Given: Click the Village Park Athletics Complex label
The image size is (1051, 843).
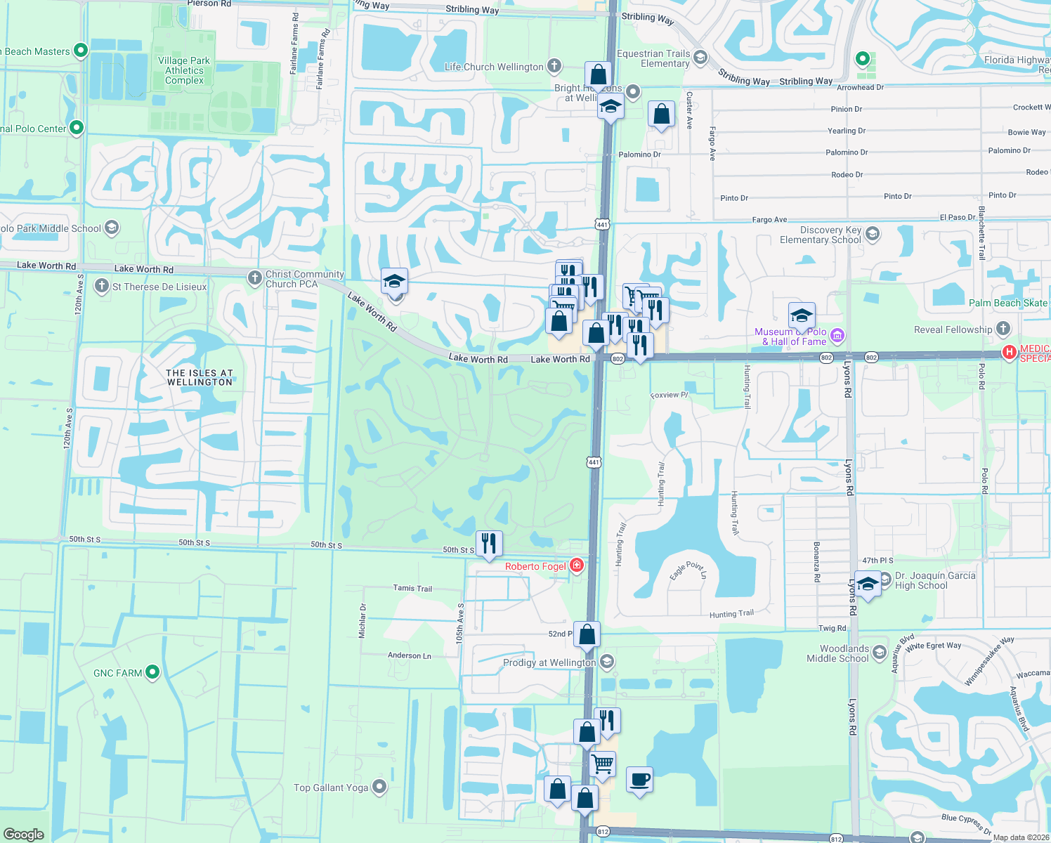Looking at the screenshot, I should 184,70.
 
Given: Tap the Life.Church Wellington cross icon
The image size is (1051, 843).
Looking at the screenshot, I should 554,67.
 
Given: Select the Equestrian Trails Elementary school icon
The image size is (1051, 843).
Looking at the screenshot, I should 700,58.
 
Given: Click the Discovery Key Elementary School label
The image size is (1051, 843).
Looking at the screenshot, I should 820,235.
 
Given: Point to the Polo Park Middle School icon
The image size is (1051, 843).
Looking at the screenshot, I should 112,228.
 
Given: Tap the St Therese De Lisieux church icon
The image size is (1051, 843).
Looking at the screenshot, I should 102,286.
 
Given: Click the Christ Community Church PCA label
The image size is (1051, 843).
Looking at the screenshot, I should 304,279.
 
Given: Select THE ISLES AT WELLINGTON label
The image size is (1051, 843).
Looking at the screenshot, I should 200,377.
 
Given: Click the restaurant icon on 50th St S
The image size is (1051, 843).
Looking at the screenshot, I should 489,544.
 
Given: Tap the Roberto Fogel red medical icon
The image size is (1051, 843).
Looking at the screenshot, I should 577,566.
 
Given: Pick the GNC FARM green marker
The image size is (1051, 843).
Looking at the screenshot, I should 152,672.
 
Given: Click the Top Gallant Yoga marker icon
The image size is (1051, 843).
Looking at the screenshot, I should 379,787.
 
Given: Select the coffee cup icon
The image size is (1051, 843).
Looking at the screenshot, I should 639,780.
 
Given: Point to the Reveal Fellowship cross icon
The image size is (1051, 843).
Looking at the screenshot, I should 1003,329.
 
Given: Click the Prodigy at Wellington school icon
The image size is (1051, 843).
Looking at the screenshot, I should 608,662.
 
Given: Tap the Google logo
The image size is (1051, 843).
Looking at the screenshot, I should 24,834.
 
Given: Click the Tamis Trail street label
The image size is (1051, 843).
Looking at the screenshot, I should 412,588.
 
